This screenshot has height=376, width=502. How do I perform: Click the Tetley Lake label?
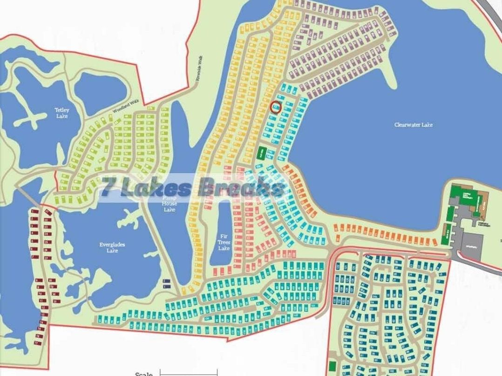(x=62, y=113)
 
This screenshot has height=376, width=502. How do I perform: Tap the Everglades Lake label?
(x=112, y=248)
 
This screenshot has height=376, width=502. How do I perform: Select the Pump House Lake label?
(x=169, y=203)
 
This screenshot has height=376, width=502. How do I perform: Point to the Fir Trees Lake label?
(x=224, y=242)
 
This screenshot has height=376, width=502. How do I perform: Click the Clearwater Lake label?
(x=413, y=125)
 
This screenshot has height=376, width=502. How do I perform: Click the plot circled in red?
(x=276, y=107)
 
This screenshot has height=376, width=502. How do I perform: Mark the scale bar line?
(x=189, y=372)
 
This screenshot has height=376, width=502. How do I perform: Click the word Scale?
(x=144, y=374)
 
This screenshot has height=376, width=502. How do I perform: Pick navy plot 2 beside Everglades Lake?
(x=165, y=281)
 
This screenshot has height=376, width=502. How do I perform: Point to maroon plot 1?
(x=34, y=212)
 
